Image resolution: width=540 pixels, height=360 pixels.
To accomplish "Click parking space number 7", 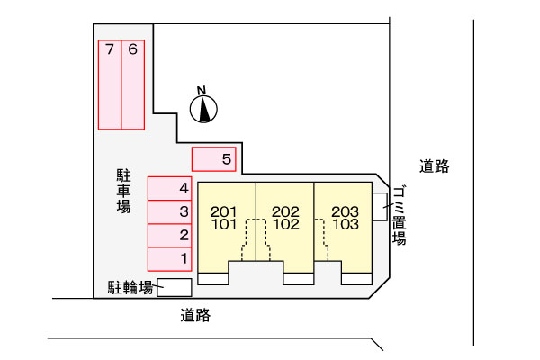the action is (110, 85).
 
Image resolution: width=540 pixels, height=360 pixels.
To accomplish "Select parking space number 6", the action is (133, 85).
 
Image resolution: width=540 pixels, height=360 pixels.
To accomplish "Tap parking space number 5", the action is (214, 159).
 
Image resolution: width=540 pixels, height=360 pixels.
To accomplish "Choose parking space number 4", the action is (170, 188).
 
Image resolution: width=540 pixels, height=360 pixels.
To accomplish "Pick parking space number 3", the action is (170, 211).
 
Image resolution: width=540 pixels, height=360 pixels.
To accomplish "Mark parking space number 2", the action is (170, 236).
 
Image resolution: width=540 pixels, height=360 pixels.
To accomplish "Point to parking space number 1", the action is (170, 259).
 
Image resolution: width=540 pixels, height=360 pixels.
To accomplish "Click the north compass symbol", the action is (203, 109).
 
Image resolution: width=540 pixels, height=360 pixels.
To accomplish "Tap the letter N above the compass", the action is (202, 91).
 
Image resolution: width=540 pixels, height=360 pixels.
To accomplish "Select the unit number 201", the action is (224, 211).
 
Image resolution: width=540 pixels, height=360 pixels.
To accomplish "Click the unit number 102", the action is (286, 224).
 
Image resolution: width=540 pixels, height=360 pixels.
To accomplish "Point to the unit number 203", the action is (345, 211).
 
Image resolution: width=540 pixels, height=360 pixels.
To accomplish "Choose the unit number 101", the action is (224, 224).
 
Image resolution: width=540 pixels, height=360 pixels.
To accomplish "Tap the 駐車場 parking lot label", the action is (123, 191).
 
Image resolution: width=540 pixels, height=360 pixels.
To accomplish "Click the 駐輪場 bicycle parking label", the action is (130, 287).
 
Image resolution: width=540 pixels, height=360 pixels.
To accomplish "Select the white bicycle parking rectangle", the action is (175, 287).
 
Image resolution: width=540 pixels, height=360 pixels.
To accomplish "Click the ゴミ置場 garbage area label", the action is (399, 216).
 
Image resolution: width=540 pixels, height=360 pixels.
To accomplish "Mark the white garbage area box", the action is (380, 207).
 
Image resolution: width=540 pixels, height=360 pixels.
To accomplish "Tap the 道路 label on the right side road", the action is (435, 166).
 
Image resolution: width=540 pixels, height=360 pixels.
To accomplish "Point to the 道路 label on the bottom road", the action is (195, 315).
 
